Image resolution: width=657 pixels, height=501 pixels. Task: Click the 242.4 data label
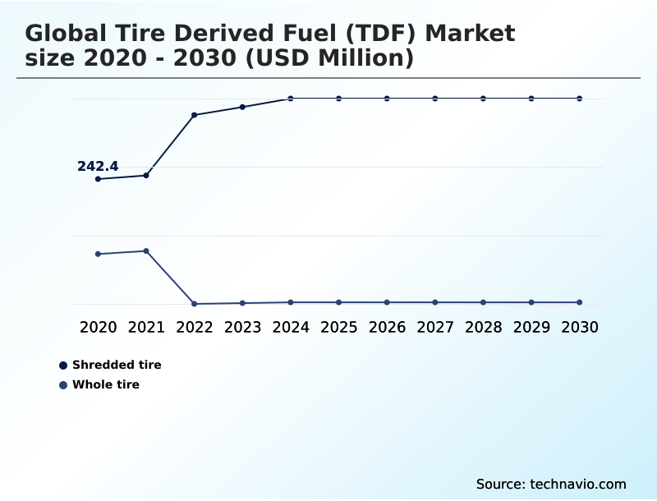click(x=98, y=167)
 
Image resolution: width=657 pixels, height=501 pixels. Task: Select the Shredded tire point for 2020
click(x=99, y=179)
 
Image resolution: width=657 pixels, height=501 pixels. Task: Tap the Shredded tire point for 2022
click(x=195, y=115)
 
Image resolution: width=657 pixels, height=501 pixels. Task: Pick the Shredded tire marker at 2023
click(x=242, y=107)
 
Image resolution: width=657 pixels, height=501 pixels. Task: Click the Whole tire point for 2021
click(x=146, y=250)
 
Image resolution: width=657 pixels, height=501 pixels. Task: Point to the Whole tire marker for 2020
click(x=99, y=254)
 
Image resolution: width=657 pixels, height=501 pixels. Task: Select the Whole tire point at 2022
click(x=195, y=304)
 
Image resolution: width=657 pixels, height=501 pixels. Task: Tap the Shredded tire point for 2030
click(x=580, y=99)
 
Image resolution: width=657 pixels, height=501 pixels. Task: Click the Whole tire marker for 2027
click(x=435, y=302)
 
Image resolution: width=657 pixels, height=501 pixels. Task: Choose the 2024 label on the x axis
click(x=291, y=327)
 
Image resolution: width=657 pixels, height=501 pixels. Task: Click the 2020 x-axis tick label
click(x=99, y=327)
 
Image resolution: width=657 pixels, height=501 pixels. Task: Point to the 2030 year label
click(x=580, y=327)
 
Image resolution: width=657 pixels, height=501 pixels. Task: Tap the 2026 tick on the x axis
click(x=387, y=327)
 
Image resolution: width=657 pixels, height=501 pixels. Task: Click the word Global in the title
click(x=67, y=34)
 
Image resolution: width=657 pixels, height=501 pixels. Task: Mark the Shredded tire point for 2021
click(x=146, y=175)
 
